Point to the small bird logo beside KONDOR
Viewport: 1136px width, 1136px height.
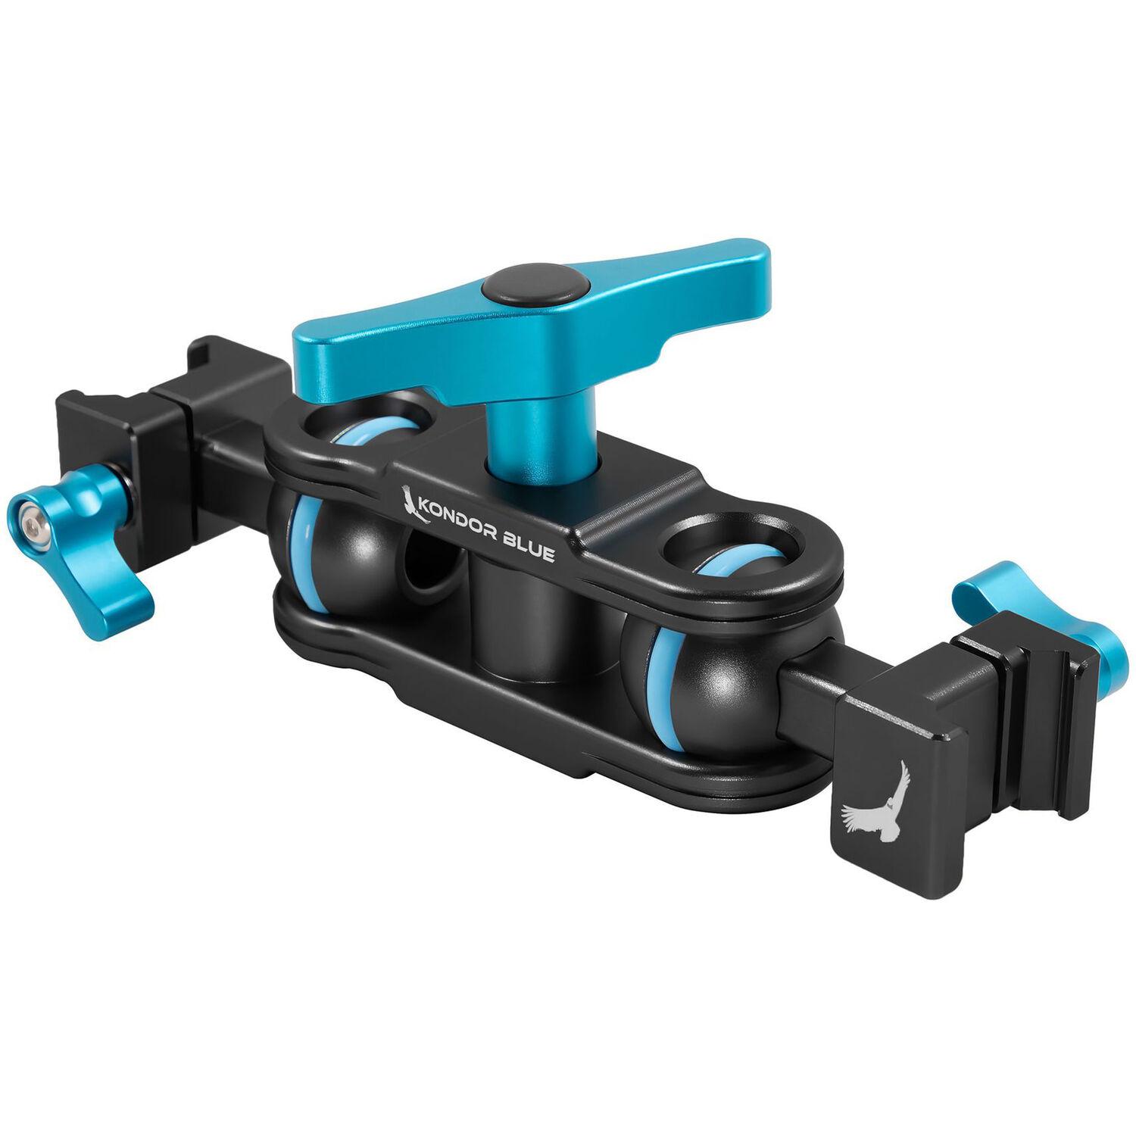(410, 500)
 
